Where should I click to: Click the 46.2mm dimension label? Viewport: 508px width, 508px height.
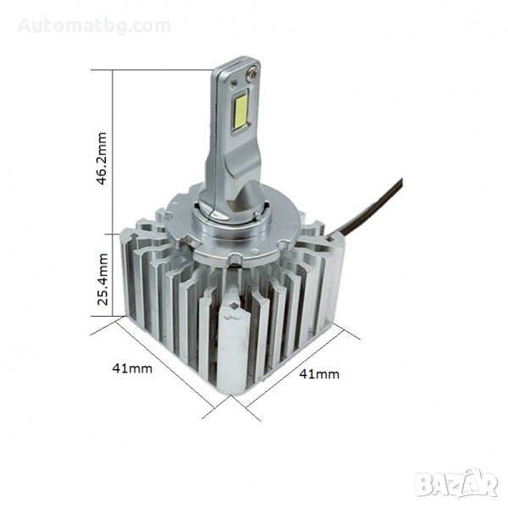pos(102,158)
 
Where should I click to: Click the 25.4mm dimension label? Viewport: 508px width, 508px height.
pos(102,279)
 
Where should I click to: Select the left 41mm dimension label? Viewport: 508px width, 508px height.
pos(132,368)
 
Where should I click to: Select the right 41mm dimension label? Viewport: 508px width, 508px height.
pos(319,374)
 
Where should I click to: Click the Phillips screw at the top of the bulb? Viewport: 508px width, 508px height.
pos(252,73)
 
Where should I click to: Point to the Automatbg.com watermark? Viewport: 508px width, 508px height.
pos(94,26)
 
